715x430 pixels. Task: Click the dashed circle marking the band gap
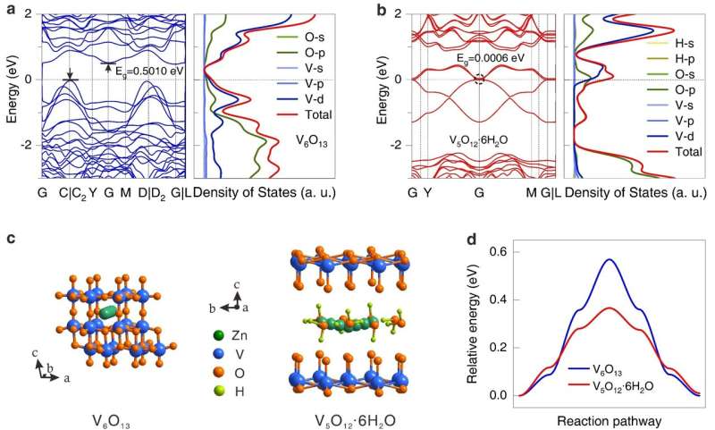coord(479,80)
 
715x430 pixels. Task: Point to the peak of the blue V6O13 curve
coord(609,260)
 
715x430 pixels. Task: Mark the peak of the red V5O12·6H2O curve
coord(608,308)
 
